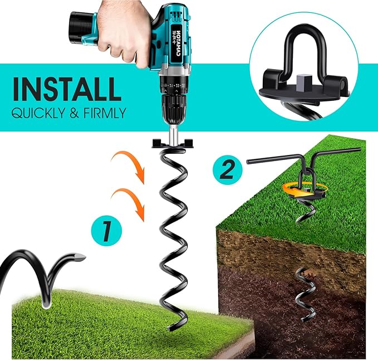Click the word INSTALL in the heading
(66, 89)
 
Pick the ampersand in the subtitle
(74, 113)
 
